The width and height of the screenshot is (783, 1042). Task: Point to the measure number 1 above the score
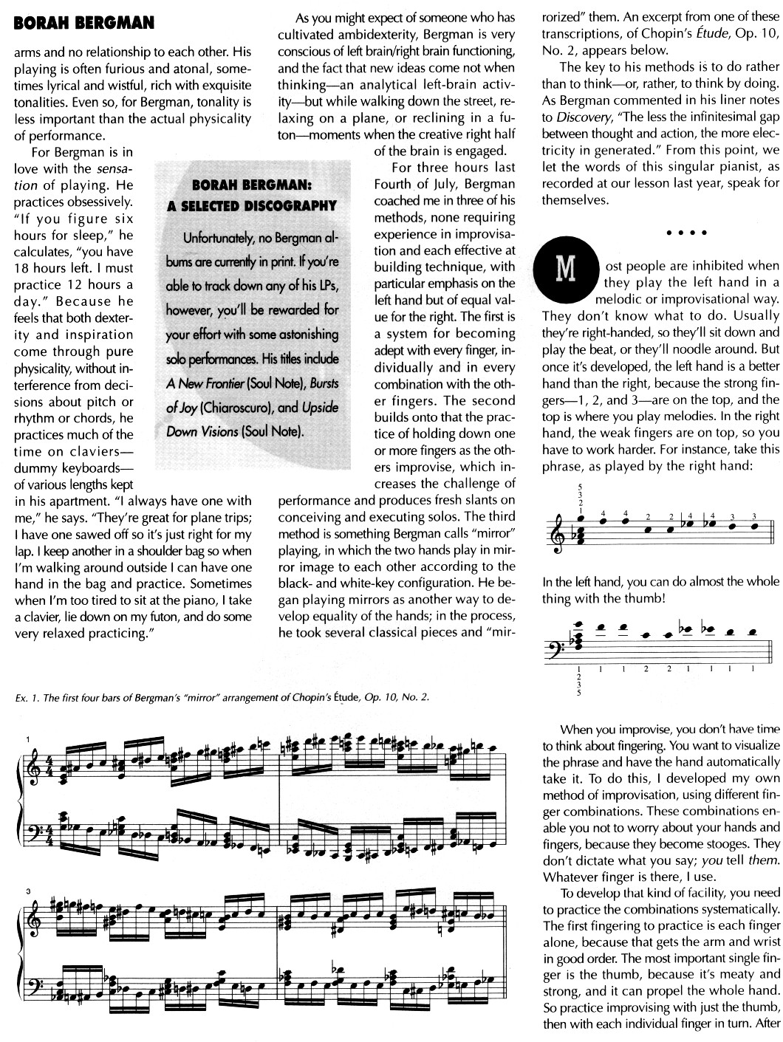[x=27, y=740]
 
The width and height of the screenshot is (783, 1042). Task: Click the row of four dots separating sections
[x=686, y=233]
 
